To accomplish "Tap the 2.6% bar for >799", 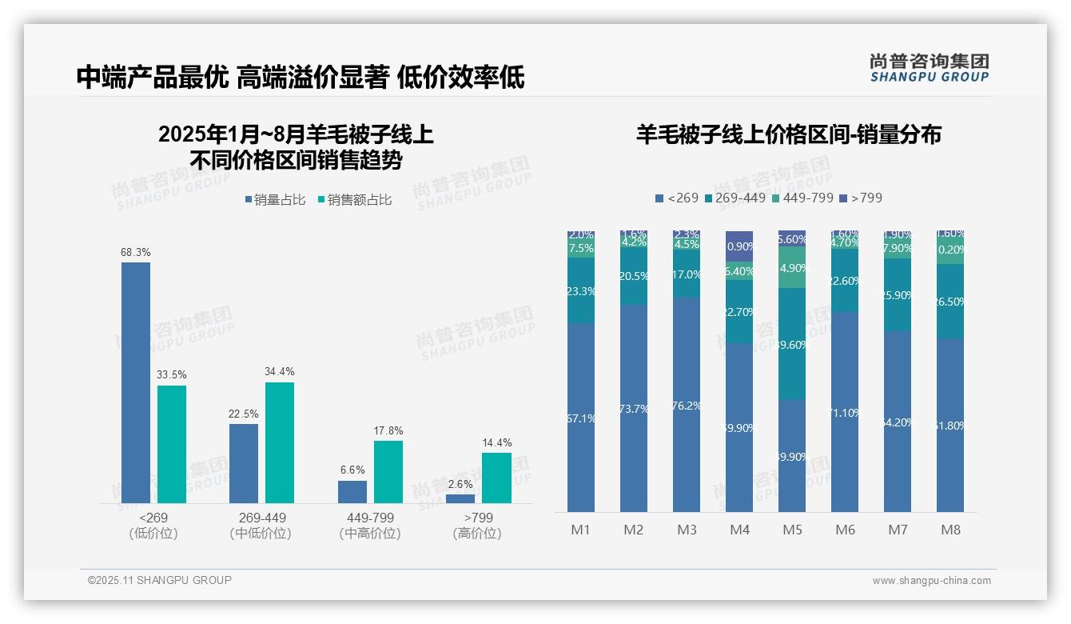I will [x=460, y=498].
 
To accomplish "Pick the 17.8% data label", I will [x=388, y=431].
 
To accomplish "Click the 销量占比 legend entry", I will [x=274, y=200].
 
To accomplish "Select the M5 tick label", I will [x=792, y=530].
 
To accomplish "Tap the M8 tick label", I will [x=950, y=530].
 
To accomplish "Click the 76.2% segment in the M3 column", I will [x=687, y=405].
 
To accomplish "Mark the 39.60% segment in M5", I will [x=792, y=344].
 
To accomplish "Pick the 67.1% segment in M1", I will [x=581, y=417].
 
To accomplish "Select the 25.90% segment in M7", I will [x=898, y=294].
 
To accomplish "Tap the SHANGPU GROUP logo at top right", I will [x=930, y=67].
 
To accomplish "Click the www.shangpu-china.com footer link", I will [x=931, y=581].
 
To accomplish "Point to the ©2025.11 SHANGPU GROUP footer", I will [x=160, y=580].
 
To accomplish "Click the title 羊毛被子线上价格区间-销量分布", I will [x=788, y=134].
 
